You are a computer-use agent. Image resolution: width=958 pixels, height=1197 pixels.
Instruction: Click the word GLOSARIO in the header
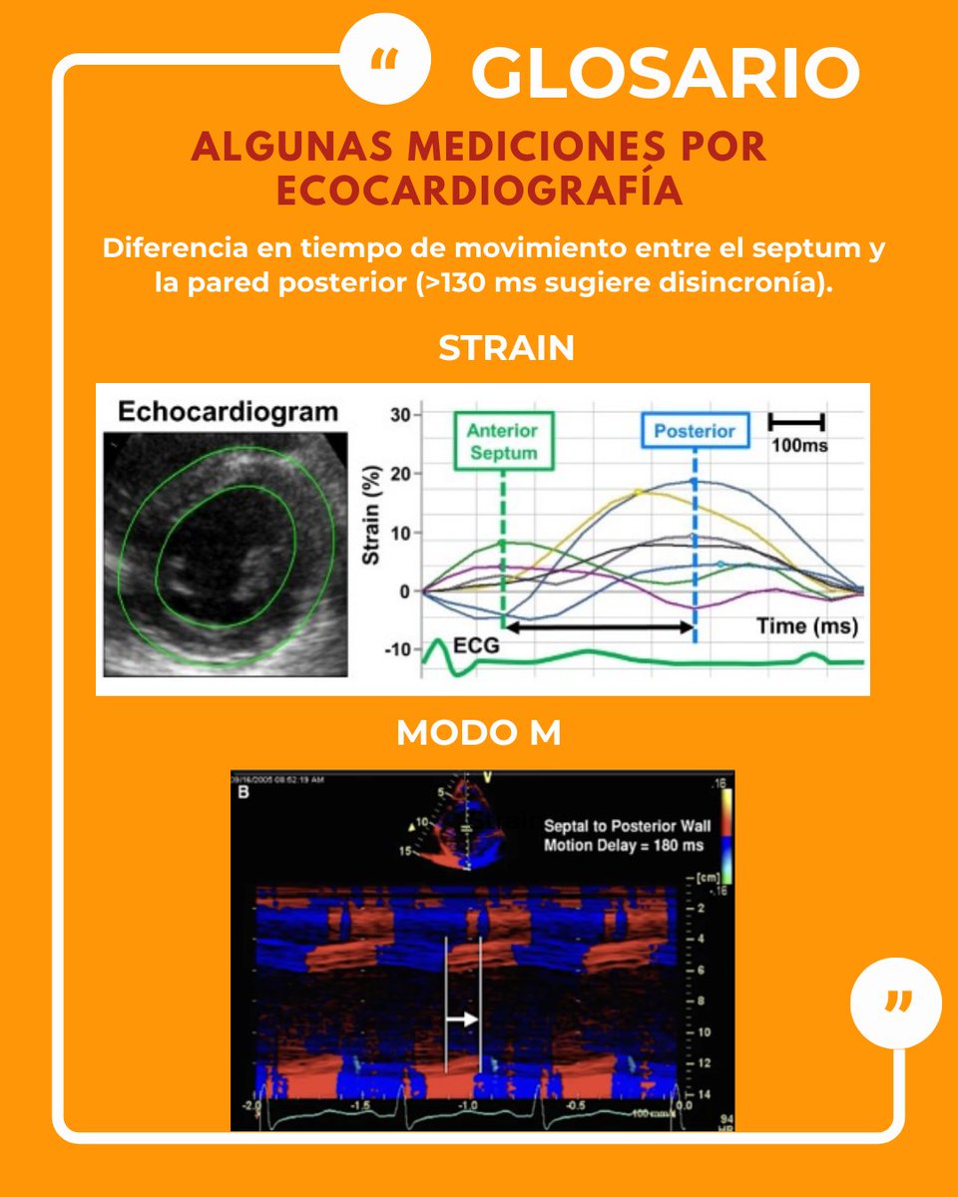666,73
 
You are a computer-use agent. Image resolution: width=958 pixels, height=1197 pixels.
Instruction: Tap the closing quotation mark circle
895,1000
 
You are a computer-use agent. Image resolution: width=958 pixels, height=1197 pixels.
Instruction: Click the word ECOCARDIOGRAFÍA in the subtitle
479,191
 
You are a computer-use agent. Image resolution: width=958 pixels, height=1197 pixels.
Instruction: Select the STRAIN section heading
506,348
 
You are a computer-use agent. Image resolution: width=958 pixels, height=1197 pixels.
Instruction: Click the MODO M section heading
478,733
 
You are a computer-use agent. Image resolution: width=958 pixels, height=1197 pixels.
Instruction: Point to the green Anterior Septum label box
502,442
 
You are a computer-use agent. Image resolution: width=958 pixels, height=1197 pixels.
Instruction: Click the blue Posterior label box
694,432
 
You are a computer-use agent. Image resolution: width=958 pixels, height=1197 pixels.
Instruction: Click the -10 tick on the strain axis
397,649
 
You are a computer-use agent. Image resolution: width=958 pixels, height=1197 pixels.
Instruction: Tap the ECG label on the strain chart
476,646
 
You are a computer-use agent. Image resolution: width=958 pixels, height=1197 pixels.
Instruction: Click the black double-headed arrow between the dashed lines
599,627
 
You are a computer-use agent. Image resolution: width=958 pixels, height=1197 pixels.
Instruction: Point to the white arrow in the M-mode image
462,1018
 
